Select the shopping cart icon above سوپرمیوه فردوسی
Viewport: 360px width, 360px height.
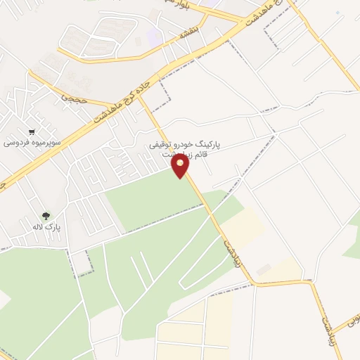coord(32,131)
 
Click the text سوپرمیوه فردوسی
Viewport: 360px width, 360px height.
coord(32,143)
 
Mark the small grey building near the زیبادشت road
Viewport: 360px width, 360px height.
coord(264,270)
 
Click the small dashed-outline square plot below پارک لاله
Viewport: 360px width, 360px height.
coord(82,262)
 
